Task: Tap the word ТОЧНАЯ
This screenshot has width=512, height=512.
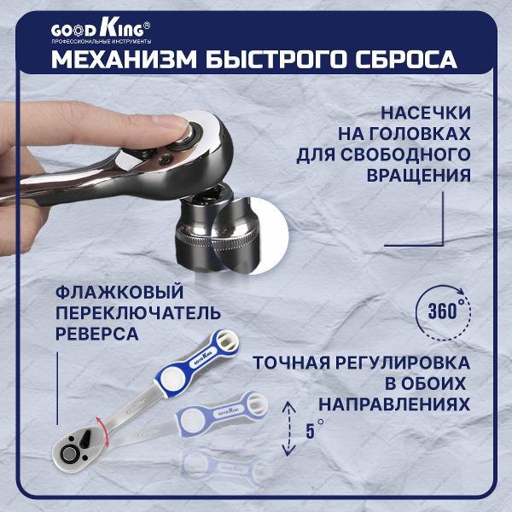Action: tap(295, 362)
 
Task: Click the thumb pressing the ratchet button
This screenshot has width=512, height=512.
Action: tap(176, 127)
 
